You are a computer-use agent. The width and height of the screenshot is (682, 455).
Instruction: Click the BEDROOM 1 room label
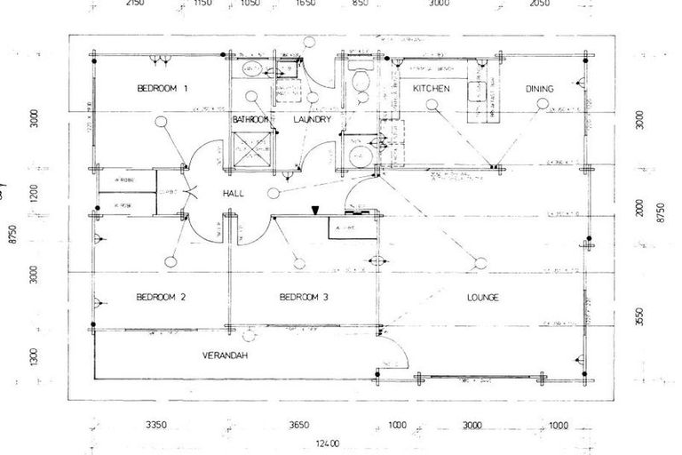coord(163,88)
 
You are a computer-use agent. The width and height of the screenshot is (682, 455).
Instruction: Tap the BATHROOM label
coord(250,119)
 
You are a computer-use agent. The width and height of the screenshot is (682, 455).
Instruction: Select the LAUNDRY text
coord(312,119)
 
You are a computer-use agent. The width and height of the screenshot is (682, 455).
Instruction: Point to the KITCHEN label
coord(432,89)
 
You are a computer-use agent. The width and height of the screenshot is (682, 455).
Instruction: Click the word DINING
coord(539,89)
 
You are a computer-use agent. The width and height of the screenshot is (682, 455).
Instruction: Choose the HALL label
coord(234,192)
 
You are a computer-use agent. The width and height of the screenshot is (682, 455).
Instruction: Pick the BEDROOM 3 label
coord(304,297)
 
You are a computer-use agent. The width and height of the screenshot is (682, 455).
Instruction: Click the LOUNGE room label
coord(480,297)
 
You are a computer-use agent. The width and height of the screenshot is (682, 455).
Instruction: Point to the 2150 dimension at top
coord(134,4)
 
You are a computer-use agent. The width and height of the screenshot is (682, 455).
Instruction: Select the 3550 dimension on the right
coord(639,316)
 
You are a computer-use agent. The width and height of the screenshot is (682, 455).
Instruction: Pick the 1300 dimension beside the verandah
coord(34,359)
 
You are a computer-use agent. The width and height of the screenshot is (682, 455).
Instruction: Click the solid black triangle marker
coord(315,210)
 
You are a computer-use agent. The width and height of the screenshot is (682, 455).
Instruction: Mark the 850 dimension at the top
coord(360,4)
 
